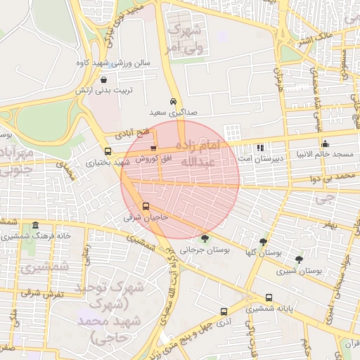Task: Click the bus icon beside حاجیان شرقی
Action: [146, 207]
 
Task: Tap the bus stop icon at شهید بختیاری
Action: [108, 151]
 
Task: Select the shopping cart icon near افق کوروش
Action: [153, 148]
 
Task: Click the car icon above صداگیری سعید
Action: [174, 101]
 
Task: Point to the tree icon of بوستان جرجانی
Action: [205, 238]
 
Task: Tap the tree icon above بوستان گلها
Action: [264, 241]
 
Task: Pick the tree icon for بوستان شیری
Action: [299, 259]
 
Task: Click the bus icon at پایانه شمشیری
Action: [269, 297]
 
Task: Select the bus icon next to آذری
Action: [224, 311]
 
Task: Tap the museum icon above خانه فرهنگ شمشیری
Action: [36, 225]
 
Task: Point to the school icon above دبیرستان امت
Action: [260, 148]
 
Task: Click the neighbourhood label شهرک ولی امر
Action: [184, 39]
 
